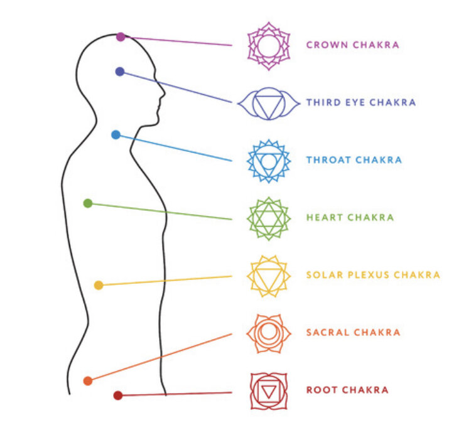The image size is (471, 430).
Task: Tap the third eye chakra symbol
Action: click(269, 103)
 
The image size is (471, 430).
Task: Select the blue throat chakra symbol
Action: click(269, 161)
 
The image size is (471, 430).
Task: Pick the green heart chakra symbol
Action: click(269, 218)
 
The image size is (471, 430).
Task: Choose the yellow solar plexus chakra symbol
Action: click(269, 276)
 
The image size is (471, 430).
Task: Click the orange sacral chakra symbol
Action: click(269, 333)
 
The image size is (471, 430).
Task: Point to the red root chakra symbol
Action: click(269, 390)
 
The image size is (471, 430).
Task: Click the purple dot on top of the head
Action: click(121, 37)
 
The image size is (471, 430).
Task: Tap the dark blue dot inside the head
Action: click(120, 72)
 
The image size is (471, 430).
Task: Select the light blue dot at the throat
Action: click(116, 134)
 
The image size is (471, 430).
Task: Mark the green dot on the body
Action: click(88, 203)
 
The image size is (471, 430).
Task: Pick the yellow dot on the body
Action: click(99, 286)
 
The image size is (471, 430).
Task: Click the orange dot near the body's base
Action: click(88, 380)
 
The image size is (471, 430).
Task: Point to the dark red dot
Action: click(117, 395)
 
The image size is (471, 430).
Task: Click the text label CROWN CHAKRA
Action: click(352, 45)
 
